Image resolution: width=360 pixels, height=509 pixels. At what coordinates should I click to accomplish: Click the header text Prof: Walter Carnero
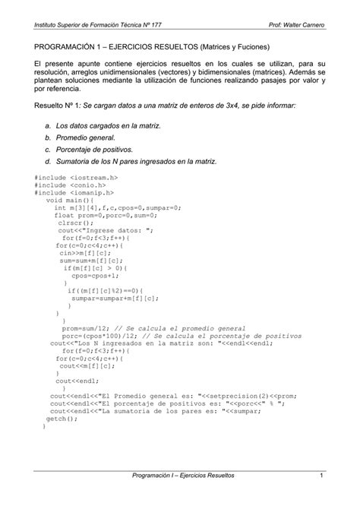pyautogui.click(x=296, y=27)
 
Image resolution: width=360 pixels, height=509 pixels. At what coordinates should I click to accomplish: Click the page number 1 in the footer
pyautogui.click(x=323, y=476)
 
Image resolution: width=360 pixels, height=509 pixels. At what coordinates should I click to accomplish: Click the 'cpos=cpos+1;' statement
pyautogui.click(x=93, y=277)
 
